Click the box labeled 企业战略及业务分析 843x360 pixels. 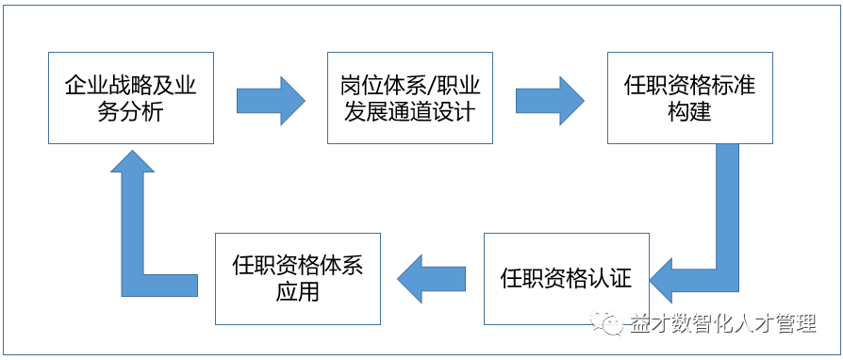(x=131, y=98)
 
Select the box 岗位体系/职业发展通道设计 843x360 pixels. (x=409, y=98)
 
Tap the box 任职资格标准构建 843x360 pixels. (x=689, y=98)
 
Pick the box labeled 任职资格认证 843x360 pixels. (x=566, y=279)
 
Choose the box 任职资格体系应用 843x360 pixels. (x=297, y=279)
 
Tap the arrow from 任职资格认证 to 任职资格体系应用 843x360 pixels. (x=432, y=279)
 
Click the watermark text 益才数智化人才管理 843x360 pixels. (x=721, y=324)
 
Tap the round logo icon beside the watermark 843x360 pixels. (x=611, y=324)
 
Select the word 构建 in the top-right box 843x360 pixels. (x=689, y=111)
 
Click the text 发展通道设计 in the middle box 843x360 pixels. (x=409, y=111)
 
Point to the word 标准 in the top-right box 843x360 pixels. (x=733, y=86)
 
